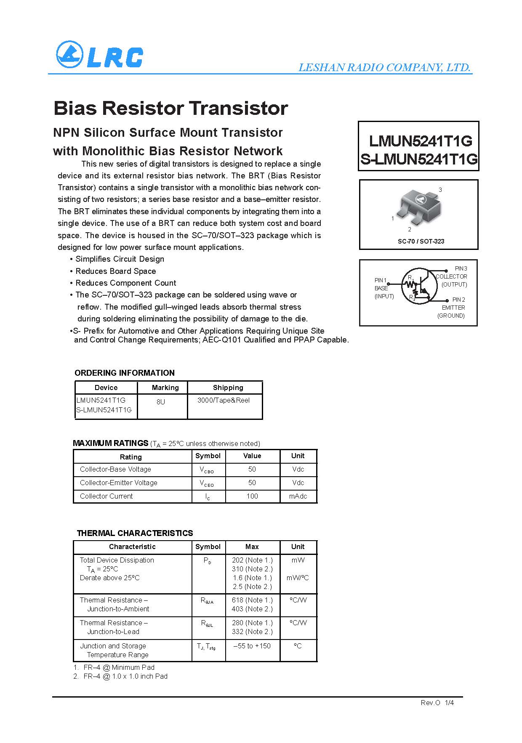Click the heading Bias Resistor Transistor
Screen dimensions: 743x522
(x=170, y=108)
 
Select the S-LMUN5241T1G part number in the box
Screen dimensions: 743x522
(x=419, y=159)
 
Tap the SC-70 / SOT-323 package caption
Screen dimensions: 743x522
(x=421, y=241)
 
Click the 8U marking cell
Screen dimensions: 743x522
(x=161, y=402)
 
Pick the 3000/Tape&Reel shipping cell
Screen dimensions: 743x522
(x=224, y=400)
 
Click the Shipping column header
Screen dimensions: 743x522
(x=228, y=387)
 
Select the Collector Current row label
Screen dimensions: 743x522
(x=107, y=496)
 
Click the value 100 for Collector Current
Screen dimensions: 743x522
(x=252, y=496)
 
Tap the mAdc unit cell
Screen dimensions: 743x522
(x=298, y=496)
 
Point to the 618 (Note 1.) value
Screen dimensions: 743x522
(x=252, y=600)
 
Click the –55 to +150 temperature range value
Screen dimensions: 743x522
(x=252, y=646)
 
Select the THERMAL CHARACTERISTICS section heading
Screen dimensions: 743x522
(x=135, y=533)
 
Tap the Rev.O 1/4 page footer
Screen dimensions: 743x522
(x=437, y=703)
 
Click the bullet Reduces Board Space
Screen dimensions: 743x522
(x=115, y=271)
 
